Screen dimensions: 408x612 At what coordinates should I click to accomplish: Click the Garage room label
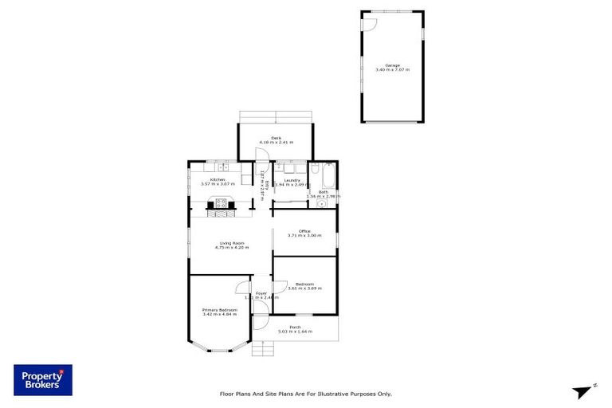pos(392,65)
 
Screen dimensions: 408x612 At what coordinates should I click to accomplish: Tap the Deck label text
pos(276,138)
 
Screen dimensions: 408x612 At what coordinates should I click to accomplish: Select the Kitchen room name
pos(218,179)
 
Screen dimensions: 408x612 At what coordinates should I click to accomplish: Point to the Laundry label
pos(291,180)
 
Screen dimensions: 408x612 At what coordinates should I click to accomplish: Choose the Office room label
pos(304,231)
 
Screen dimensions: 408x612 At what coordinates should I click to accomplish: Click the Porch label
pos(295,327)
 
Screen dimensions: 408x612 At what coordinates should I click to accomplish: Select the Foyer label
pos(261,293)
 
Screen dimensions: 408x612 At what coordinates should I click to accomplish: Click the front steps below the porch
pos(261,349)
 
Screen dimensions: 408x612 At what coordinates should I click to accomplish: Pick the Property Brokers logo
pos(43,380)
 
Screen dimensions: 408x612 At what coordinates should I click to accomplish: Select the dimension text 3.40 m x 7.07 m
pos(392,70)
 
